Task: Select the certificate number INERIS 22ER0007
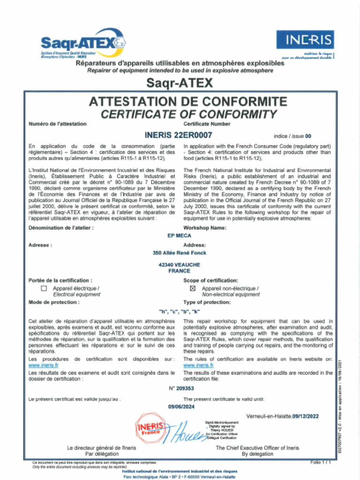coord(179,135)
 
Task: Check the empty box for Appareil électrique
coord(44,289)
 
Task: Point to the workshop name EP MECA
coord(180,236)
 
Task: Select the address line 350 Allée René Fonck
coord(180,253)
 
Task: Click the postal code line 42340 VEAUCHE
coord(180,265)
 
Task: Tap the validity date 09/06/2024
coord(180,407)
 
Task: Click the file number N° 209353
coord(181,389)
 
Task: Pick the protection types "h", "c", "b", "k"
coord(180,311)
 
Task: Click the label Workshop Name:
coord(205,228)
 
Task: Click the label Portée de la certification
coord(57,280)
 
